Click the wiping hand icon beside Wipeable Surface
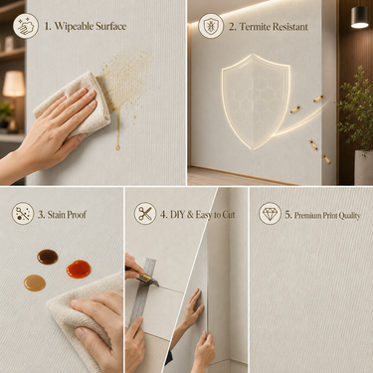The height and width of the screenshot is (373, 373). click(26, 26)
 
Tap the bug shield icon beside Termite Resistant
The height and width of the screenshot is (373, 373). click(211, 26)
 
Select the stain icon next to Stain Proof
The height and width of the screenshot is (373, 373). click(23, 214)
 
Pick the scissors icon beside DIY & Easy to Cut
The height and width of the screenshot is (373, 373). click(145, 214)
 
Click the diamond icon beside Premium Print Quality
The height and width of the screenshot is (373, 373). click(270, 214)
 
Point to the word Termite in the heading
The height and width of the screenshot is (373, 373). click(255, 27)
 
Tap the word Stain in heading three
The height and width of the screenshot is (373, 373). click(57, 215)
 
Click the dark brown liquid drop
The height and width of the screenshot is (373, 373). click(48, 257)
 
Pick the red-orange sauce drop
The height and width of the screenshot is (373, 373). click(79, 269)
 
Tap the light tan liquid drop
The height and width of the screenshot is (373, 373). click(35, 282)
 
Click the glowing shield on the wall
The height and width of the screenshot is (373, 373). click(256, 101)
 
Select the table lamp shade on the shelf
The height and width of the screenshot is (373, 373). click(14, 84)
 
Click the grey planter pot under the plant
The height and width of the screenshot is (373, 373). click(364, 167)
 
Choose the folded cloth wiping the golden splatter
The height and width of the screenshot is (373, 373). click(75, 104)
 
